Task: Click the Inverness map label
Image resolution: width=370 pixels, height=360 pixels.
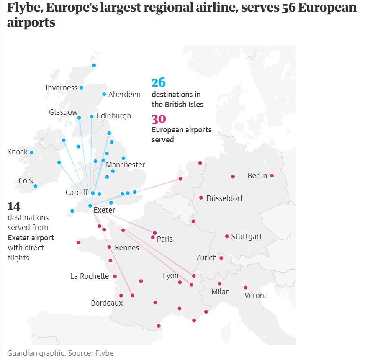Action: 62,88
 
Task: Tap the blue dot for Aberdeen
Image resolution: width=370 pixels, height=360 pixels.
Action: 104,94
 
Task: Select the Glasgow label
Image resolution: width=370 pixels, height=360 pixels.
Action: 63,112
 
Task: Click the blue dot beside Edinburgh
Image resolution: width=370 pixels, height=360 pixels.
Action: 92,117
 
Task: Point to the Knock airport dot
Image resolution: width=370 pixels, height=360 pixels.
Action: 31,152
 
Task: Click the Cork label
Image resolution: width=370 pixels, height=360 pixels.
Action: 26,181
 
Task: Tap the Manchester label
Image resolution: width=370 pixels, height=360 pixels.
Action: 125,165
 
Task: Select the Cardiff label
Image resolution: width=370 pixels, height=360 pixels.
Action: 77,193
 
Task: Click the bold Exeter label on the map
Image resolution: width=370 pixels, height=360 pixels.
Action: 104,210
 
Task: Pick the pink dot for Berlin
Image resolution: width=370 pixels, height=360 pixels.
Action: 272,176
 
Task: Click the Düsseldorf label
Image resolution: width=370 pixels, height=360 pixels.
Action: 224,198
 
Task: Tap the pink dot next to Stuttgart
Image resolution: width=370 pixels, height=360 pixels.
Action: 227,237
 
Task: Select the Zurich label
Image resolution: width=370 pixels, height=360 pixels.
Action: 206,258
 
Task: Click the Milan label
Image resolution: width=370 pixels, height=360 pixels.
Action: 221,292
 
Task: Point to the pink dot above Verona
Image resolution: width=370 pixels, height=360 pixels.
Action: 246,288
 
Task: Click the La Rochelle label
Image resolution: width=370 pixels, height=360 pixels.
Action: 90,276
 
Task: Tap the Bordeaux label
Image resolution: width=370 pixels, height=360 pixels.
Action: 107,303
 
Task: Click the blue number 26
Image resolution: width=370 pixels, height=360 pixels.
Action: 159,82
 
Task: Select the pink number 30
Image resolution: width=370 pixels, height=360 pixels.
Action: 159,119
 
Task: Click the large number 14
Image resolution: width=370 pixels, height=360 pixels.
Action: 14,206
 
